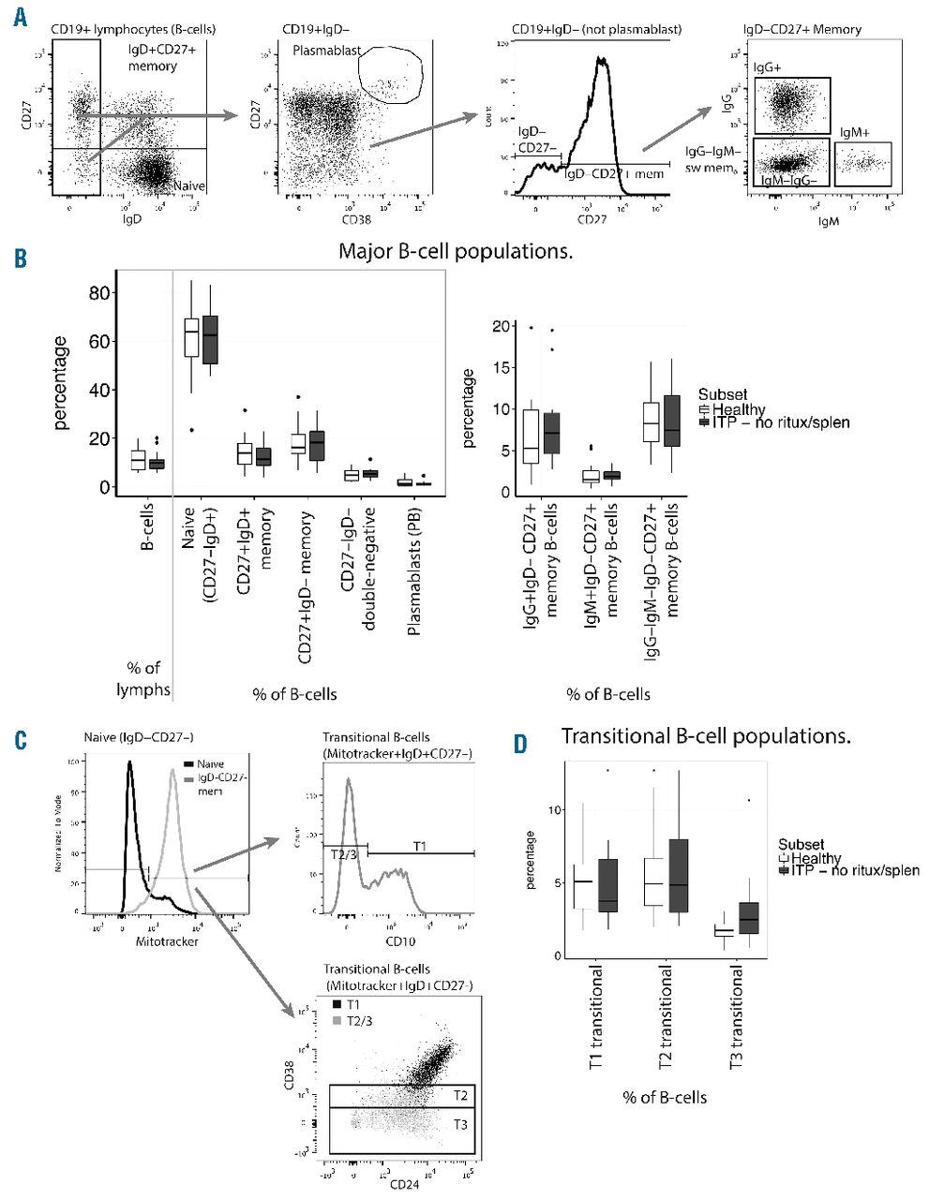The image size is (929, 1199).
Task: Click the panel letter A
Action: pos(22,18)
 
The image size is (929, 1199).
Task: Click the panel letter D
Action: pos(519,743)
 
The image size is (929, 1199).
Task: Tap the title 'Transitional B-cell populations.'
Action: pos(706,736)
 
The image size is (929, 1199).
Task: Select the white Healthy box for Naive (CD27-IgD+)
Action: pos(191,331)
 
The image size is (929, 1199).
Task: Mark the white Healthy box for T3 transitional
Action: pos(723,932)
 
